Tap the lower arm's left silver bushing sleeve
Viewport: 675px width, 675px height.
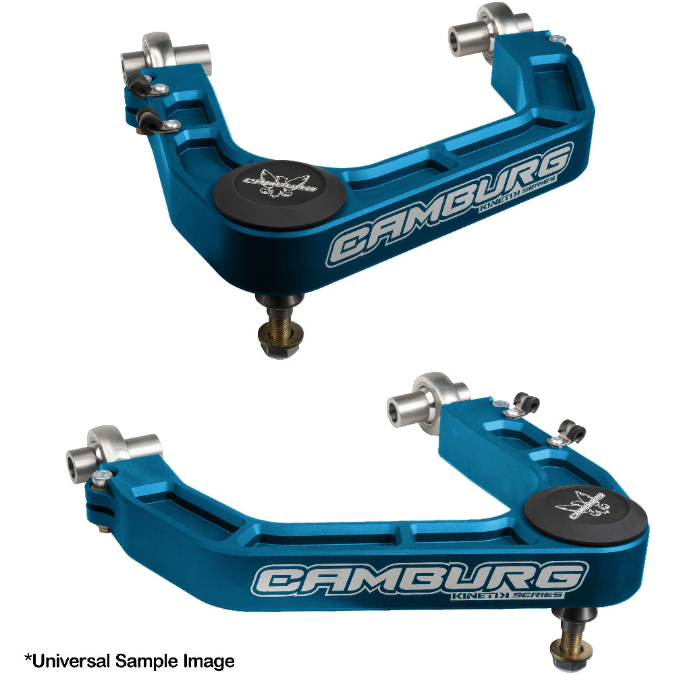[82, 462]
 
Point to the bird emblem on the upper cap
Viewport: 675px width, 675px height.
[278, 186]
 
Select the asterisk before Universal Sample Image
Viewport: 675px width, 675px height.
[28, 657]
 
